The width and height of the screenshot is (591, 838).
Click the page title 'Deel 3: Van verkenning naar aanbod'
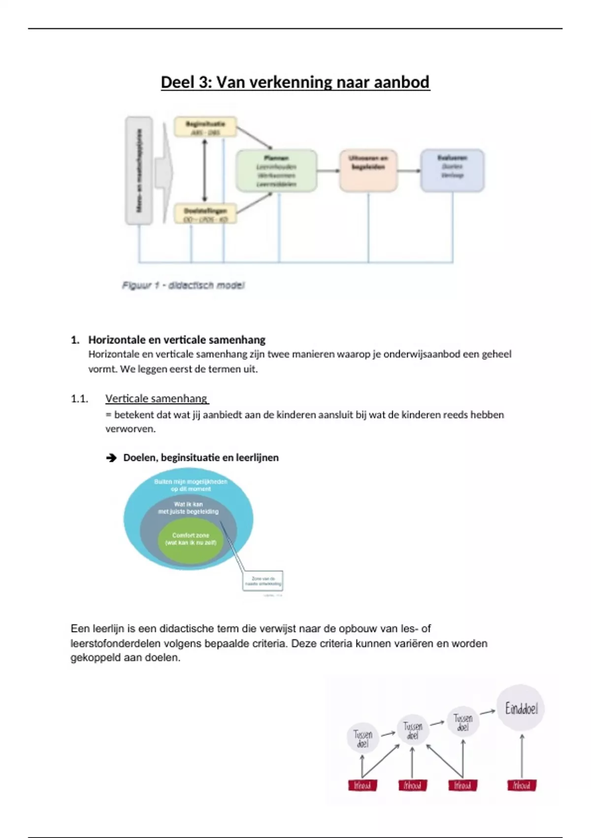[x=295, y=82]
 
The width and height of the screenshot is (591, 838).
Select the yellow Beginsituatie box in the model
[x=205, y=127]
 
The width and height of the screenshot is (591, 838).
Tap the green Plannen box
[x=276, y=171]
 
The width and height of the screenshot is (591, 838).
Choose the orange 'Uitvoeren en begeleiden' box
[x=368, y=170]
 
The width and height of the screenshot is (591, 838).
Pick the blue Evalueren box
[x=452, y=170]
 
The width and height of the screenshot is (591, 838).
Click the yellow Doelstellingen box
[x=205, y=214]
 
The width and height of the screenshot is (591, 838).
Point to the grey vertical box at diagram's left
[x=139, y=171]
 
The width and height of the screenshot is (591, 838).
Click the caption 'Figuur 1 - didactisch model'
[x=183, y=285]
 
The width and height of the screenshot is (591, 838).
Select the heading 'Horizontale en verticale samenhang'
[x=176, y=340]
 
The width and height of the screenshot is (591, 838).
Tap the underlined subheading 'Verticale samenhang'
[x=156, y=398]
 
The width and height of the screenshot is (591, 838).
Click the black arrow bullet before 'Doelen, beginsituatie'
[x=111, y=458]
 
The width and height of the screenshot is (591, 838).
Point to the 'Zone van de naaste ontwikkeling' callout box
[x=263, y=581]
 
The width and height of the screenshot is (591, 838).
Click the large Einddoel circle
[x=521, y=708]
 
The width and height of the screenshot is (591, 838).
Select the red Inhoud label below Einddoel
[x=522, y=785]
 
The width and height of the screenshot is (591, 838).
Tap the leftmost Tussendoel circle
[x=363, y=738]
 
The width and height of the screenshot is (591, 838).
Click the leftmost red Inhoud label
[x=362, y=785]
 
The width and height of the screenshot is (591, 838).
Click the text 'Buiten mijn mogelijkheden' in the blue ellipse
[x=191, y=482]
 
